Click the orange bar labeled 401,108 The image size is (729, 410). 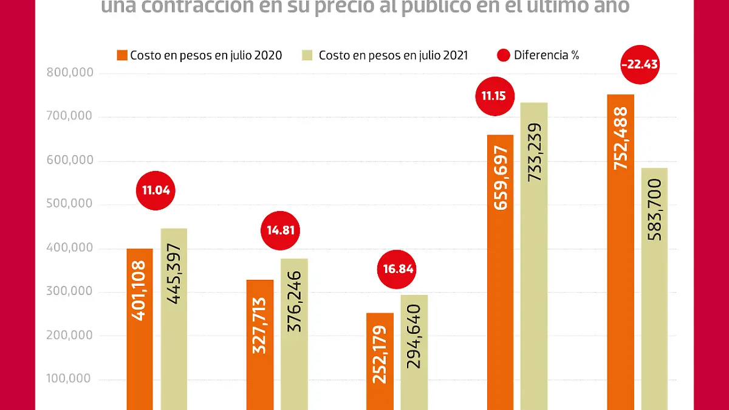140,328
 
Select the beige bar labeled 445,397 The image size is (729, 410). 174,319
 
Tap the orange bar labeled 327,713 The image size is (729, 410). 260,344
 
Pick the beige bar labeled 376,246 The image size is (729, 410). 294,334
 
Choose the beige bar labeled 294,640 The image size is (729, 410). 414,352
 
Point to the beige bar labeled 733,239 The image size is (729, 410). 534,255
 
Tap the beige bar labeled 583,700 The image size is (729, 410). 654,289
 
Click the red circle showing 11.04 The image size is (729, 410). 156,190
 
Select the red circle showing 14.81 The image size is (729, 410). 280,231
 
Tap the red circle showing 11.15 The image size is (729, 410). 494,96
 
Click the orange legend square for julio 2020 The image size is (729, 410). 122,55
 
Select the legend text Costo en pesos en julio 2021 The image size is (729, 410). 393,55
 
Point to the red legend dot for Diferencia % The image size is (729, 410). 504,55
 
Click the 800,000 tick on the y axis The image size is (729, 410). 70,73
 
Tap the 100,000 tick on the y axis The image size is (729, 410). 70,379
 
